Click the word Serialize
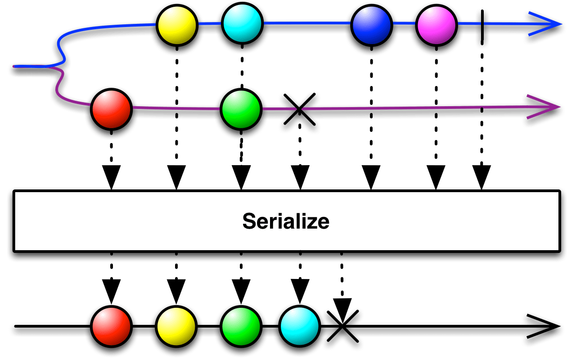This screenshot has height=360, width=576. click(x=286, y=221)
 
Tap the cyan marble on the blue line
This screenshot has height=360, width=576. click(x=242, y=23)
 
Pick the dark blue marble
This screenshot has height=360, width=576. click(x=371, y=26)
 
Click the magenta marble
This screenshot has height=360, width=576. click(x=436, y=26)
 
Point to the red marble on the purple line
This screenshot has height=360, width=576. click(x=111, y=109)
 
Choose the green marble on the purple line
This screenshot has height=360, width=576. click(x=241, y=109)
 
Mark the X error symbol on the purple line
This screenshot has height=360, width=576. click(x=299, y=111)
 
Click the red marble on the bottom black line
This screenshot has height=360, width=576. click(x=111, y=326)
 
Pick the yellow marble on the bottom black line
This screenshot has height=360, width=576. click(x=176, y=326)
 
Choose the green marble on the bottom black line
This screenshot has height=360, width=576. click(x=241, y=326)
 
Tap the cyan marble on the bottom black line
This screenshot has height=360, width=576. click(x=299, y=326)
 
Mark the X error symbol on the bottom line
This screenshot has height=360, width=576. click(x=343, y=327)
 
